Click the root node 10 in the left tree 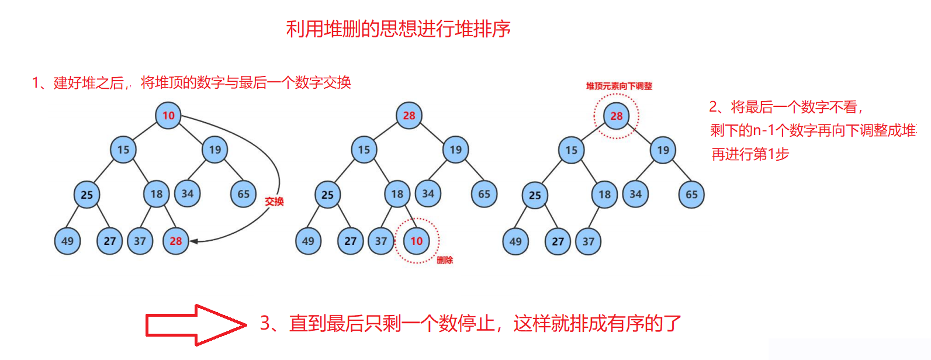point(168,115)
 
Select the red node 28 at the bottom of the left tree point(176,241)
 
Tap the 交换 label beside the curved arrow point(274,202)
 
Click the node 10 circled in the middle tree point(416,241)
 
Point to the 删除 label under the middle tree point(445,260)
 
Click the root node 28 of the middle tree point(409,115)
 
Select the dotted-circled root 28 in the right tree point(617,116)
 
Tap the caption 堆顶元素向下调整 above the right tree point(619,86)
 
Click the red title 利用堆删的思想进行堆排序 point(398,29)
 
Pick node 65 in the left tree point(244,194)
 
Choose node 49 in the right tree point(515,241)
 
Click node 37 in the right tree point(589,241)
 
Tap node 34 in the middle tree point(428,193)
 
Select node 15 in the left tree point(123,150)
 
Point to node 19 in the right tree point(663,150)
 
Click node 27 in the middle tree point(351,241)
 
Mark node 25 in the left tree point(87,195)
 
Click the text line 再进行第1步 point(750,154)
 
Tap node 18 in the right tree point(605,195)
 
